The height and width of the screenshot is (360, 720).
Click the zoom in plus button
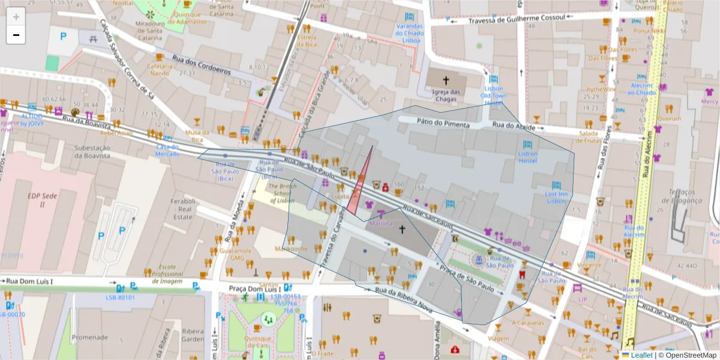coord(16,16)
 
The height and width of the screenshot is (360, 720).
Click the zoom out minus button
coord(16,35)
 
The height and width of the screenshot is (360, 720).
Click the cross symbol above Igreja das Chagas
coord(445,80)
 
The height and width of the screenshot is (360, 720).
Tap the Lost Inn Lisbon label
coord(556,197)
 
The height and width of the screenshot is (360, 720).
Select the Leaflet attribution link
coord(641,355)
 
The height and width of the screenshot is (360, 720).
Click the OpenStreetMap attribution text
coord(688,355)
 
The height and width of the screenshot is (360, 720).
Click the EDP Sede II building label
coord(37,200)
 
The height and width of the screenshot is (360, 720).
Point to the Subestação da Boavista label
coord(92,151)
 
